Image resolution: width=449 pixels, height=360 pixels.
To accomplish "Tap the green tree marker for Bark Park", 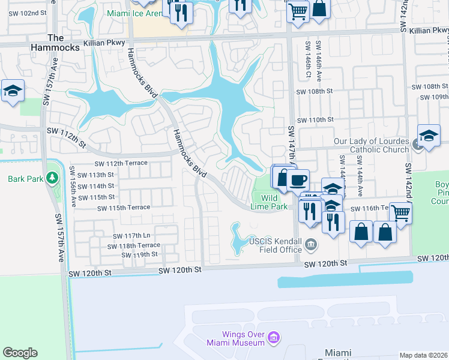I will point(52,178).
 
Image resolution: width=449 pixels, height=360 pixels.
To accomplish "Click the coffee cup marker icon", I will point(298,179).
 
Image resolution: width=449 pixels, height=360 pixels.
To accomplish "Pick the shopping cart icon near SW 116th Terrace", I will point(400,212).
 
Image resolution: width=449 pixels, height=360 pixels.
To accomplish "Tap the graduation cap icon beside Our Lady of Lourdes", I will point(429,137).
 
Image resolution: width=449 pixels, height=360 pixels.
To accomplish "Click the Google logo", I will point(20,353).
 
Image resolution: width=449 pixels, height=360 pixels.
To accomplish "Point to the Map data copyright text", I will point(423,355).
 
